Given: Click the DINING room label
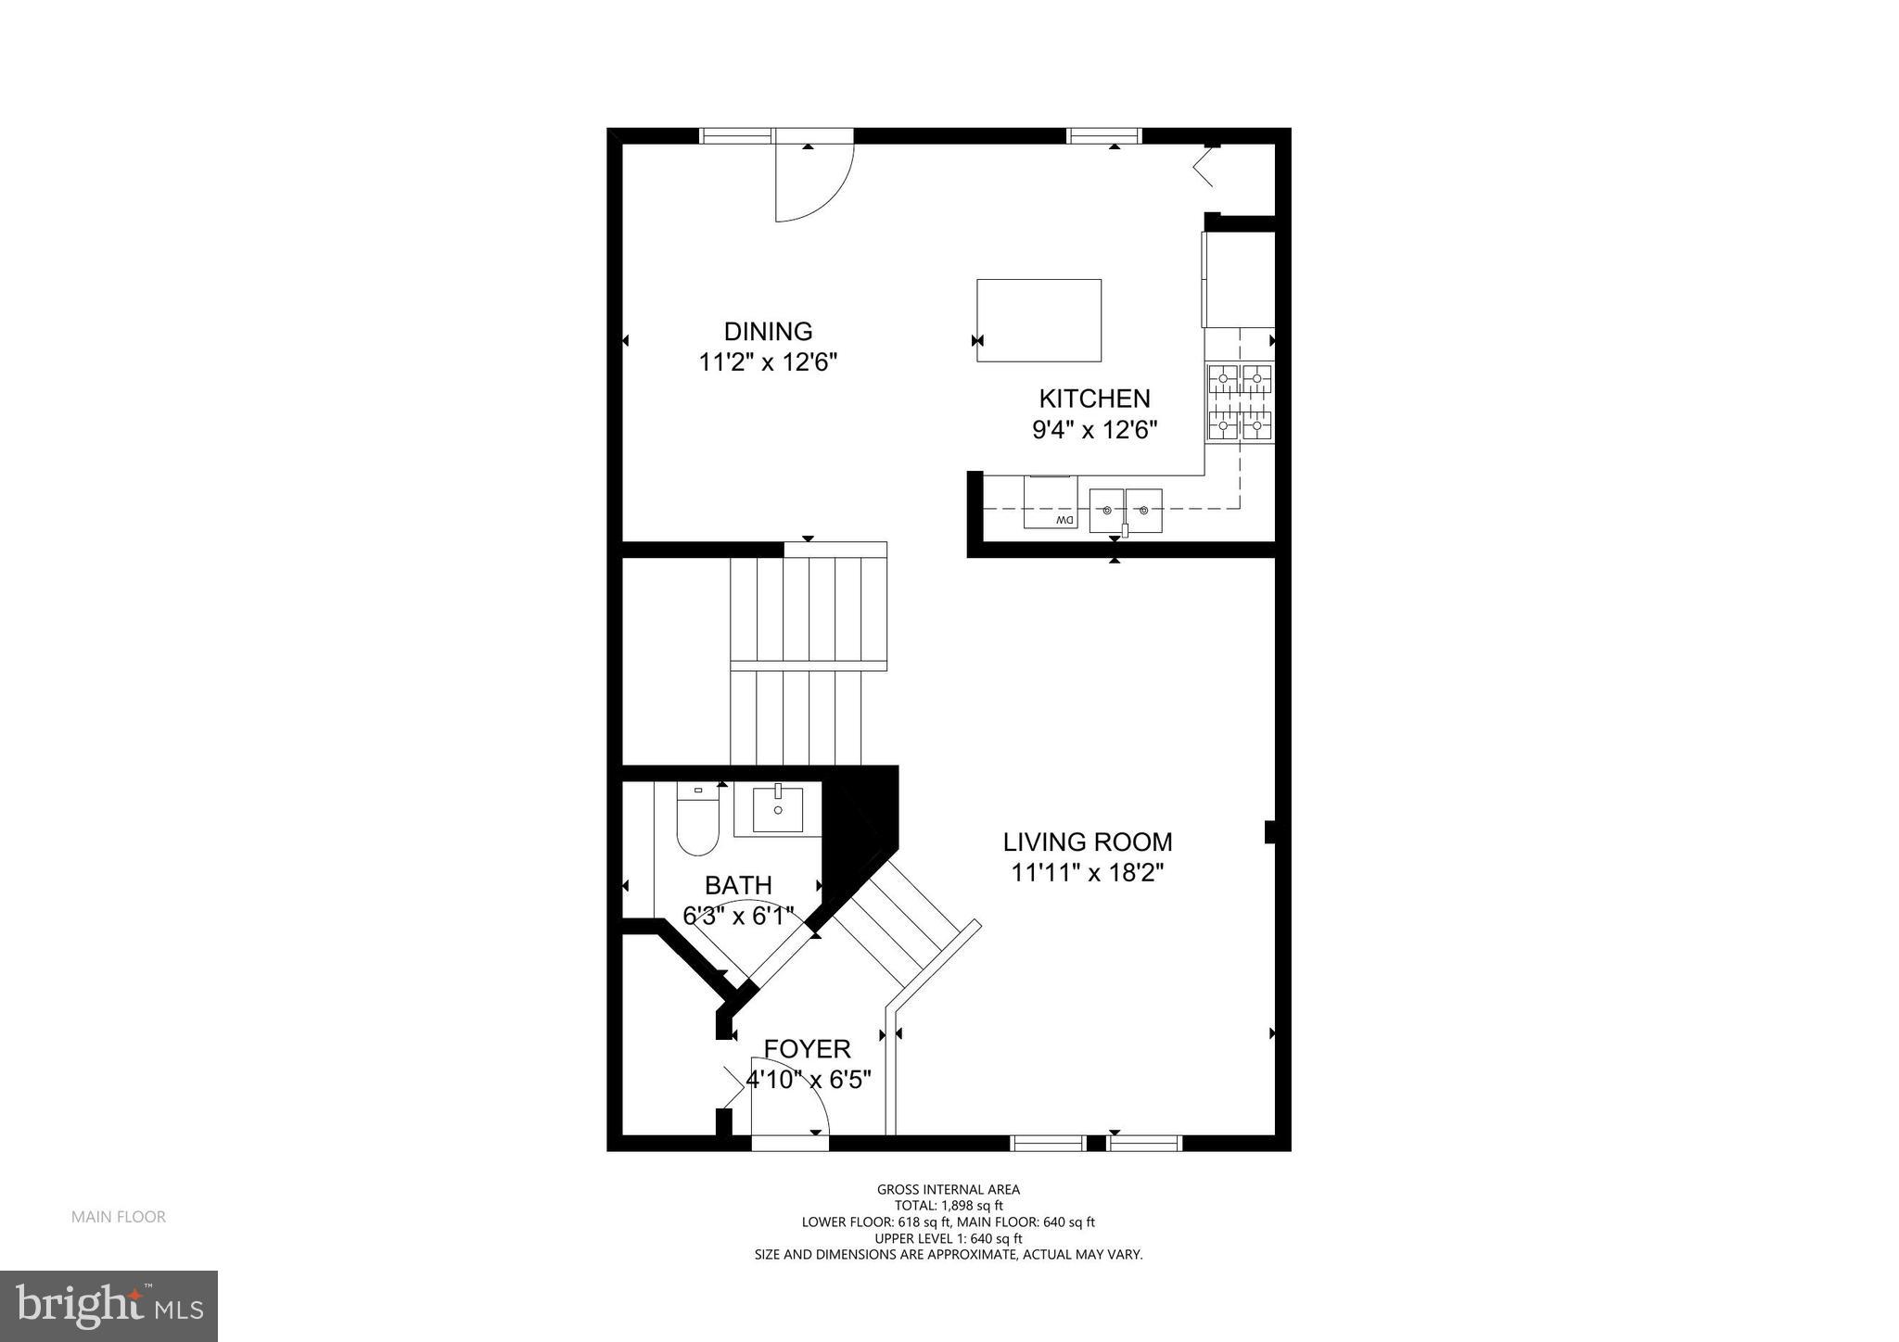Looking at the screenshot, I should [768, 332].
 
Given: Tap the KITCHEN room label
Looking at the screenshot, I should [1094, 399].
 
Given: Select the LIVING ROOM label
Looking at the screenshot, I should [1087, 842].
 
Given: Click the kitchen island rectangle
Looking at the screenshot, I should [1039, 320].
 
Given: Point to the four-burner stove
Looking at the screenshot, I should [1239, 402].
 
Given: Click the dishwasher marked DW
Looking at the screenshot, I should [1051, 503].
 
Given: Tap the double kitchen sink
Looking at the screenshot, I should [1125, 510].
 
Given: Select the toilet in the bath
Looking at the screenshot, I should [697, 820].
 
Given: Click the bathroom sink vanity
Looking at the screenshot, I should [777, 809].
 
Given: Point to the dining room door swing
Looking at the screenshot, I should [811, 181].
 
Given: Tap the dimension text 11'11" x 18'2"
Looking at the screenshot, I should [1087, 873].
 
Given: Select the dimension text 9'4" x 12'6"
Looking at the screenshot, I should [1094, 430].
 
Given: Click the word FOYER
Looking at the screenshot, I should [807, 1049].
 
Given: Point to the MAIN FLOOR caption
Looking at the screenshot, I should [119, 1217].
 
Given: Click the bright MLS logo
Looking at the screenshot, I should [108, 1306].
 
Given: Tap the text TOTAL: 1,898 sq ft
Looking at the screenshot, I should [948, 1206].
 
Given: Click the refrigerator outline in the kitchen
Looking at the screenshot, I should [1239, 279].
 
